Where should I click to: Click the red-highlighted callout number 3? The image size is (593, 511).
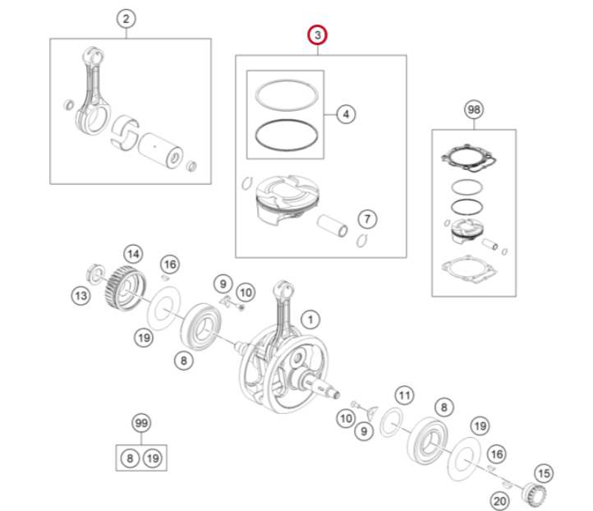point(317,35)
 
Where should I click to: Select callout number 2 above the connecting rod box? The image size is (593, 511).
point(126,19)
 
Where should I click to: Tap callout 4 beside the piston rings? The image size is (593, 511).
point(346,114)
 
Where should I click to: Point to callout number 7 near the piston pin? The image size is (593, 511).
point(367,219)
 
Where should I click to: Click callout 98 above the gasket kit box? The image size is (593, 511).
point(474,110)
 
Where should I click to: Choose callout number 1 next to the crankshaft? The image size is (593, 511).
point(310,320)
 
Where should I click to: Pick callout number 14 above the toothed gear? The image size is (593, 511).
point(133,254)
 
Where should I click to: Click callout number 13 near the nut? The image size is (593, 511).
point(81,296)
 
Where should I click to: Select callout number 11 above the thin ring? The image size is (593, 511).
point(404,396)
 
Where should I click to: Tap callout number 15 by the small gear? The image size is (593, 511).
point(544,473)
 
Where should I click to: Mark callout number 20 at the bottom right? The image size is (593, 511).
point(499,501)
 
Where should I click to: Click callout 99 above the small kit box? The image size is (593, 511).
point(141,423)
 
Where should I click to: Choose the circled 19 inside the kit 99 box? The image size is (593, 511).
point(153,458)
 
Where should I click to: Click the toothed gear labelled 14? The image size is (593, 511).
point(125,288)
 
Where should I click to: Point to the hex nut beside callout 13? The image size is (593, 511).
point(95,274)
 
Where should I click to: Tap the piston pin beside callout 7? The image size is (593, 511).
point(333,226)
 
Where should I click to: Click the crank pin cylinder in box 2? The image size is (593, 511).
point(160,150)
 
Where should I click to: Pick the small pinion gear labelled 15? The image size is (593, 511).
point(534,495)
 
